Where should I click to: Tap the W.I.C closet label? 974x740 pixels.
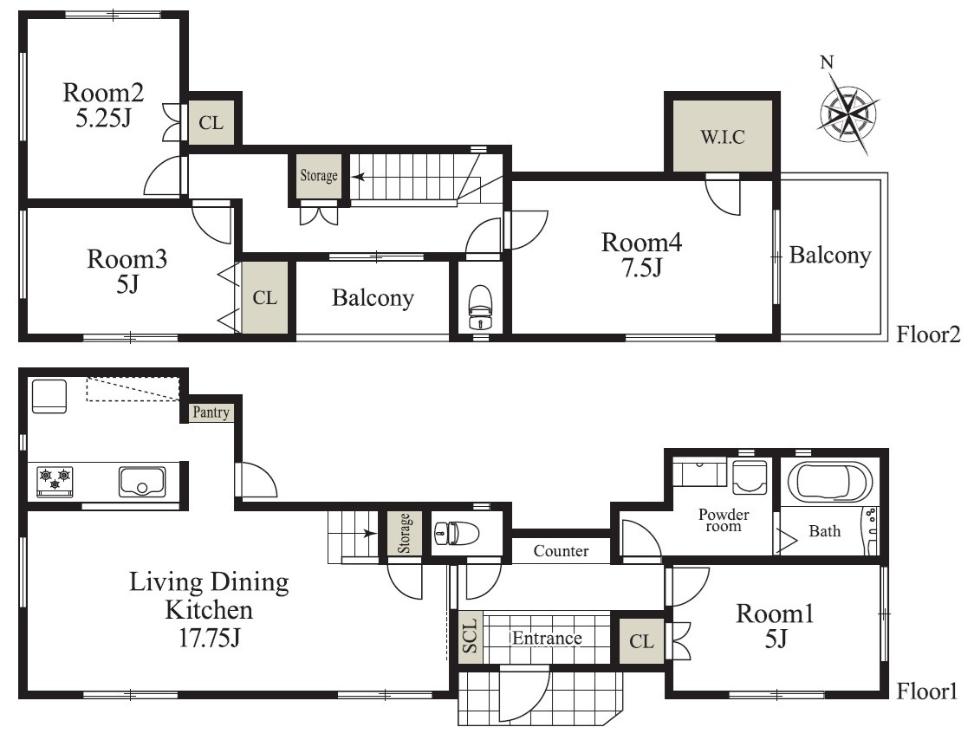pos(723,137)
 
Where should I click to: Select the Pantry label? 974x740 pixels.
pos(211,412)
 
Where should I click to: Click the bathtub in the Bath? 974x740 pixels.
pos(830,481)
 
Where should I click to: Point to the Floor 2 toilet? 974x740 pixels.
pos(479,307)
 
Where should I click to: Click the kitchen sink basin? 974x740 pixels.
pos(142,482)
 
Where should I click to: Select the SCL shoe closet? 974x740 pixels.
pos(471,636)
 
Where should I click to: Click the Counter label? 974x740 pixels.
pos(561,551)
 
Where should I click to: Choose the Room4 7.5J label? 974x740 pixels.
pos(641,255)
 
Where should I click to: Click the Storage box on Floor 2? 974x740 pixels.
pos(319,177)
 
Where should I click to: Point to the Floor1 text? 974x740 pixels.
pos(927,691)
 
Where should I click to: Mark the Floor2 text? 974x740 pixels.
pos(928,334)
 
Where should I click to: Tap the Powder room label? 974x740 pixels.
pos(724,520)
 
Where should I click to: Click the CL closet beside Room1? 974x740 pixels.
pos(641,640)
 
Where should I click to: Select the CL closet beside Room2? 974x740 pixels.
pos(211,122)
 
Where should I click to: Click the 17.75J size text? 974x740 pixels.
pos(210,638)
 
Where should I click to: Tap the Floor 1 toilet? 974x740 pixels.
pos(456,533)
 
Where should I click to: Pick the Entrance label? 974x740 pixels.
pos(547,638)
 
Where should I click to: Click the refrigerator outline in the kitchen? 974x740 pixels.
pos(49,396)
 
